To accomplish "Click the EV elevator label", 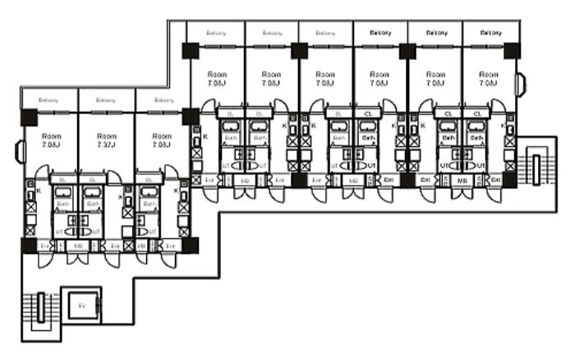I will (x=81, y=304).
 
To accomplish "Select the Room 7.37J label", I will (x=106, y=141).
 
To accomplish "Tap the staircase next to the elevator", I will (x=37, y=311).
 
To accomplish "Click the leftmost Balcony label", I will (x=49, y=100).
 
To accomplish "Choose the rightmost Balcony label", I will (x=490, y=33).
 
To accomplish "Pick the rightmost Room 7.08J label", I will (x=489, y=78).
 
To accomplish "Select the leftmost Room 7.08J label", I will (x=49, y=141).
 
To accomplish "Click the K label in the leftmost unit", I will (x=39, y=191).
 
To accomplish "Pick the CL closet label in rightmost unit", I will (x=476, y=113).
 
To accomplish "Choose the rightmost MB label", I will (x=462, y=179).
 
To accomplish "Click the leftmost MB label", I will (x=79, y=246).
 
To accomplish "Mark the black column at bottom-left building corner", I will (x=29, y=245).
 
